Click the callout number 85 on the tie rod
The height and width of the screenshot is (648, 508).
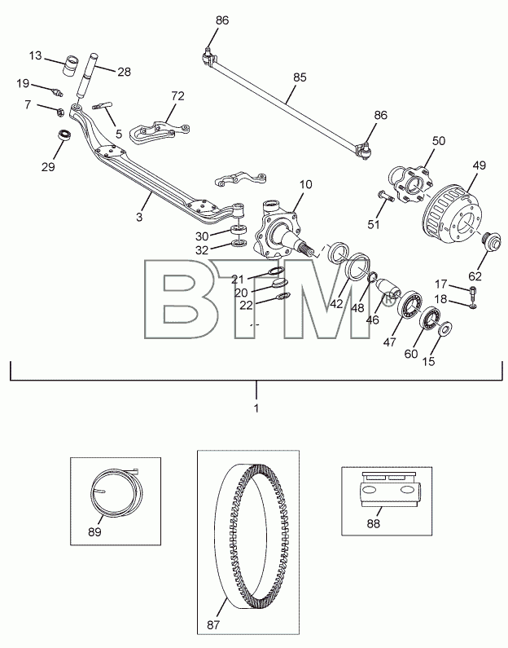tap(300, 77)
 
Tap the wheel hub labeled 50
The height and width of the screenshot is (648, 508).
tap(409, 184)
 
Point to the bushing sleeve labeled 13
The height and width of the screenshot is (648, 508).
tap(72, 65)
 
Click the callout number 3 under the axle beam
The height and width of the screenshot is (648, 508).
tap(139, 216)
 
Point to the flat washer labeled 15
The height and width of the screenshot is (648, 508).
tap(444, 329)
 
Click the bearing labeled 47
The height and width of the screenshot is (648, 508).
tap(410, 304)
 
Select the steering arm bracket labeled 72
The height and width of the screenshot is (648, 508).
tap(160, 131)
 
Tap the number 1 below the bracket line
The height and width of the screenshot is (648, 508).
tap(256, 408)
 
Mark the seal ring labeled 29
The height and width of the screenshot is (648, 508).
tap(63, 135)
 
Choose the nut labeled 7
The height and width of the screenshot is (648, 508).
tap(59, 112)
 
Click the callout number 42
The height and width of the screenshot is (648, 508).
tap(336, 303)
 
